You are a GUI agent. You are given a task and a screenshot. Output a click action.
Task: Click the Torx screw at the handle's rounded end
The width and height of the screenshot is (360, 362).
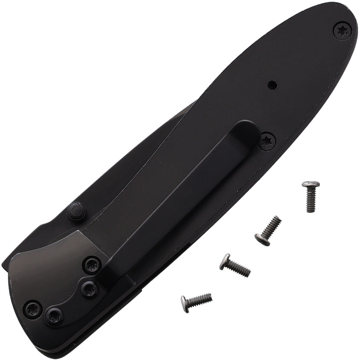(x=342, y=30)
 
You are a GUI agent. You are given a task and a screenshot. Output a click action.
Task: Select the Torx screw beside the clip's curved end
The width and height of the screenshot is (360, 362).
(x=268, y=141)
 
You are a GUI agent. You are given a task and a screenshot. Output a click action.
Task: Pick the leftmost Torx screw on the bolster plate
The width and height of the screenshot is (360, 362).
(x=33, y=308)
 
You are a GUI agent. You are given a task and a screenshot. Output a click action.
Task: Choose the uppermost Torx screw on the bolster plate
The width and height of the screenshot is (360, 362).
(x=92, y=264)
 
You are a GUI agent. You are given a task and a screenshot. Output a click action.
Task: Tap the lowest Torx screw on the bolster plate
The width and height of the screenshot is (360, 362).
(x=54, y=316)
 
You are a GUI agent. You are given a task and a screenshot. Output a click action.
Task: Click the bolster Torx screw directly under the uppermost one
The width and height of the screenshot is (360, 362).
(x=89, y=290)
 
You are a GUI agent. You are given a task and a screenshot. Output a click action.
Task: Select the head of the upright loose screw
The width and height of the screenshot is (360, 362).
(x=311, y=185)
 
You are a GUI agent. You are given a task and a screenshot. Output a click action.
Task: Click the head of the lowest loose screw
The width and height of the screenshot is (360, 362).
(x=185, y=304)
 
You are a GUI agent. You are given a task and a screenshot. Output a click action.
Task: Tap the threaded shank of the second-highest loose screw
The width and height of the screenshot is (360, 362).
(x=273, y=225)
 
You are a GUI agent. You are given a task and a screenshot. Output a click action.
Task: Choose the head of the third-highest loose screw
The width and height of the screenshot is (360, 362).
(x=225, y=261)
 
